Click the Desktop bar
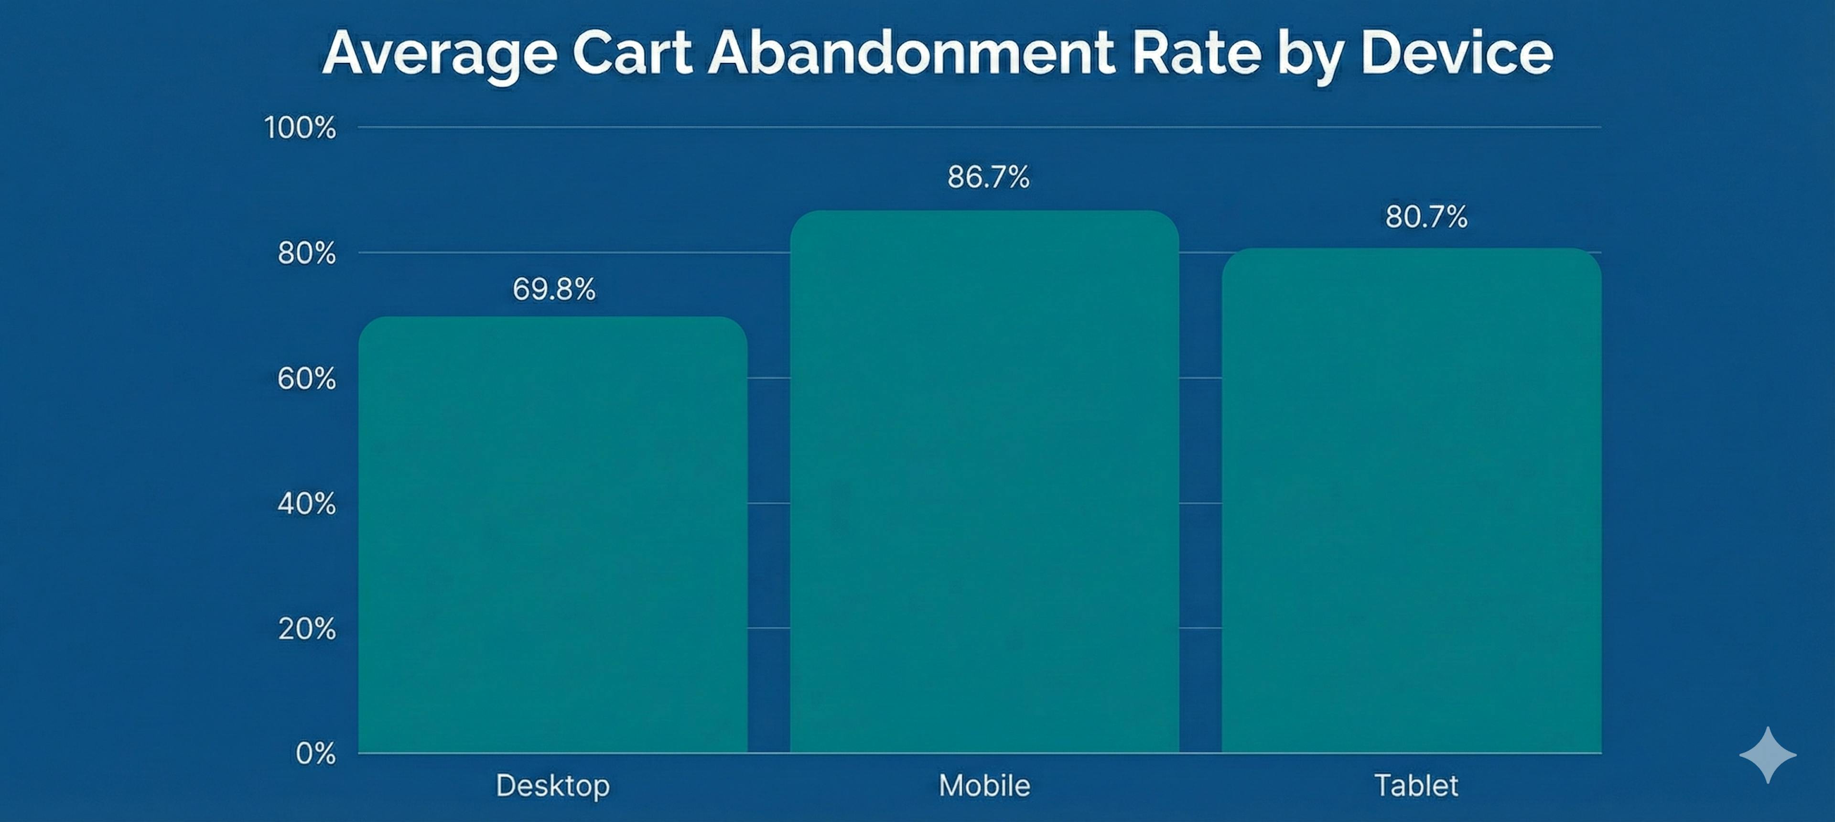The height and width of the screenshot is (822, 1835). pos(553,534)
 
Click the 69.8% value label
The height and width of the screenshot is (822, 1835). pos(553,289)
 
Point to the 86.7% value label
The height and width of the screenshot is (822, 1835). pos(988,177)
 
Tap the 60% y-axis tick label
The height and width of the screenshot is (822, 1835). pos(306,379)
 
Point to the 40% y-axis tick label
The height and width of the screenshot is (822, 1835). pos(306,504)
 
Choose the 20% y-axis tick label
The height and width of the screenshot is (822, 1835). pos(306,629)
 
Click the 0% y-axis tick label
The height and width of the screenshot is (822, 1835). pos(315,754)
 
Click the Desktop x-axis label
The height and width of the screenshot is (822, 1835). pos(553,786)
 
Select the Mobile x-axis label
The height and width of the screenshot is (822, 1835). pos(984,786)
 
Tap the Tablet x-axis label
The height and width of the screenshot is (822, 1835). pos(1415,786)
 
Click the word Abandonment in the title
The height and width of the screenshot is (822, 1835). pos(911,54)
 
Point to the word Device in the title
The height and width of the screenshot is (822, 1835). pos(1456,54)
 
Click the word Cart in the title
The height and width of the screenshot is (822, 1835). pos(632,54)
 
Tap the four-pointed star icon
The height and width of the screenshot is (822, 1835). pos(1768,755)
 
